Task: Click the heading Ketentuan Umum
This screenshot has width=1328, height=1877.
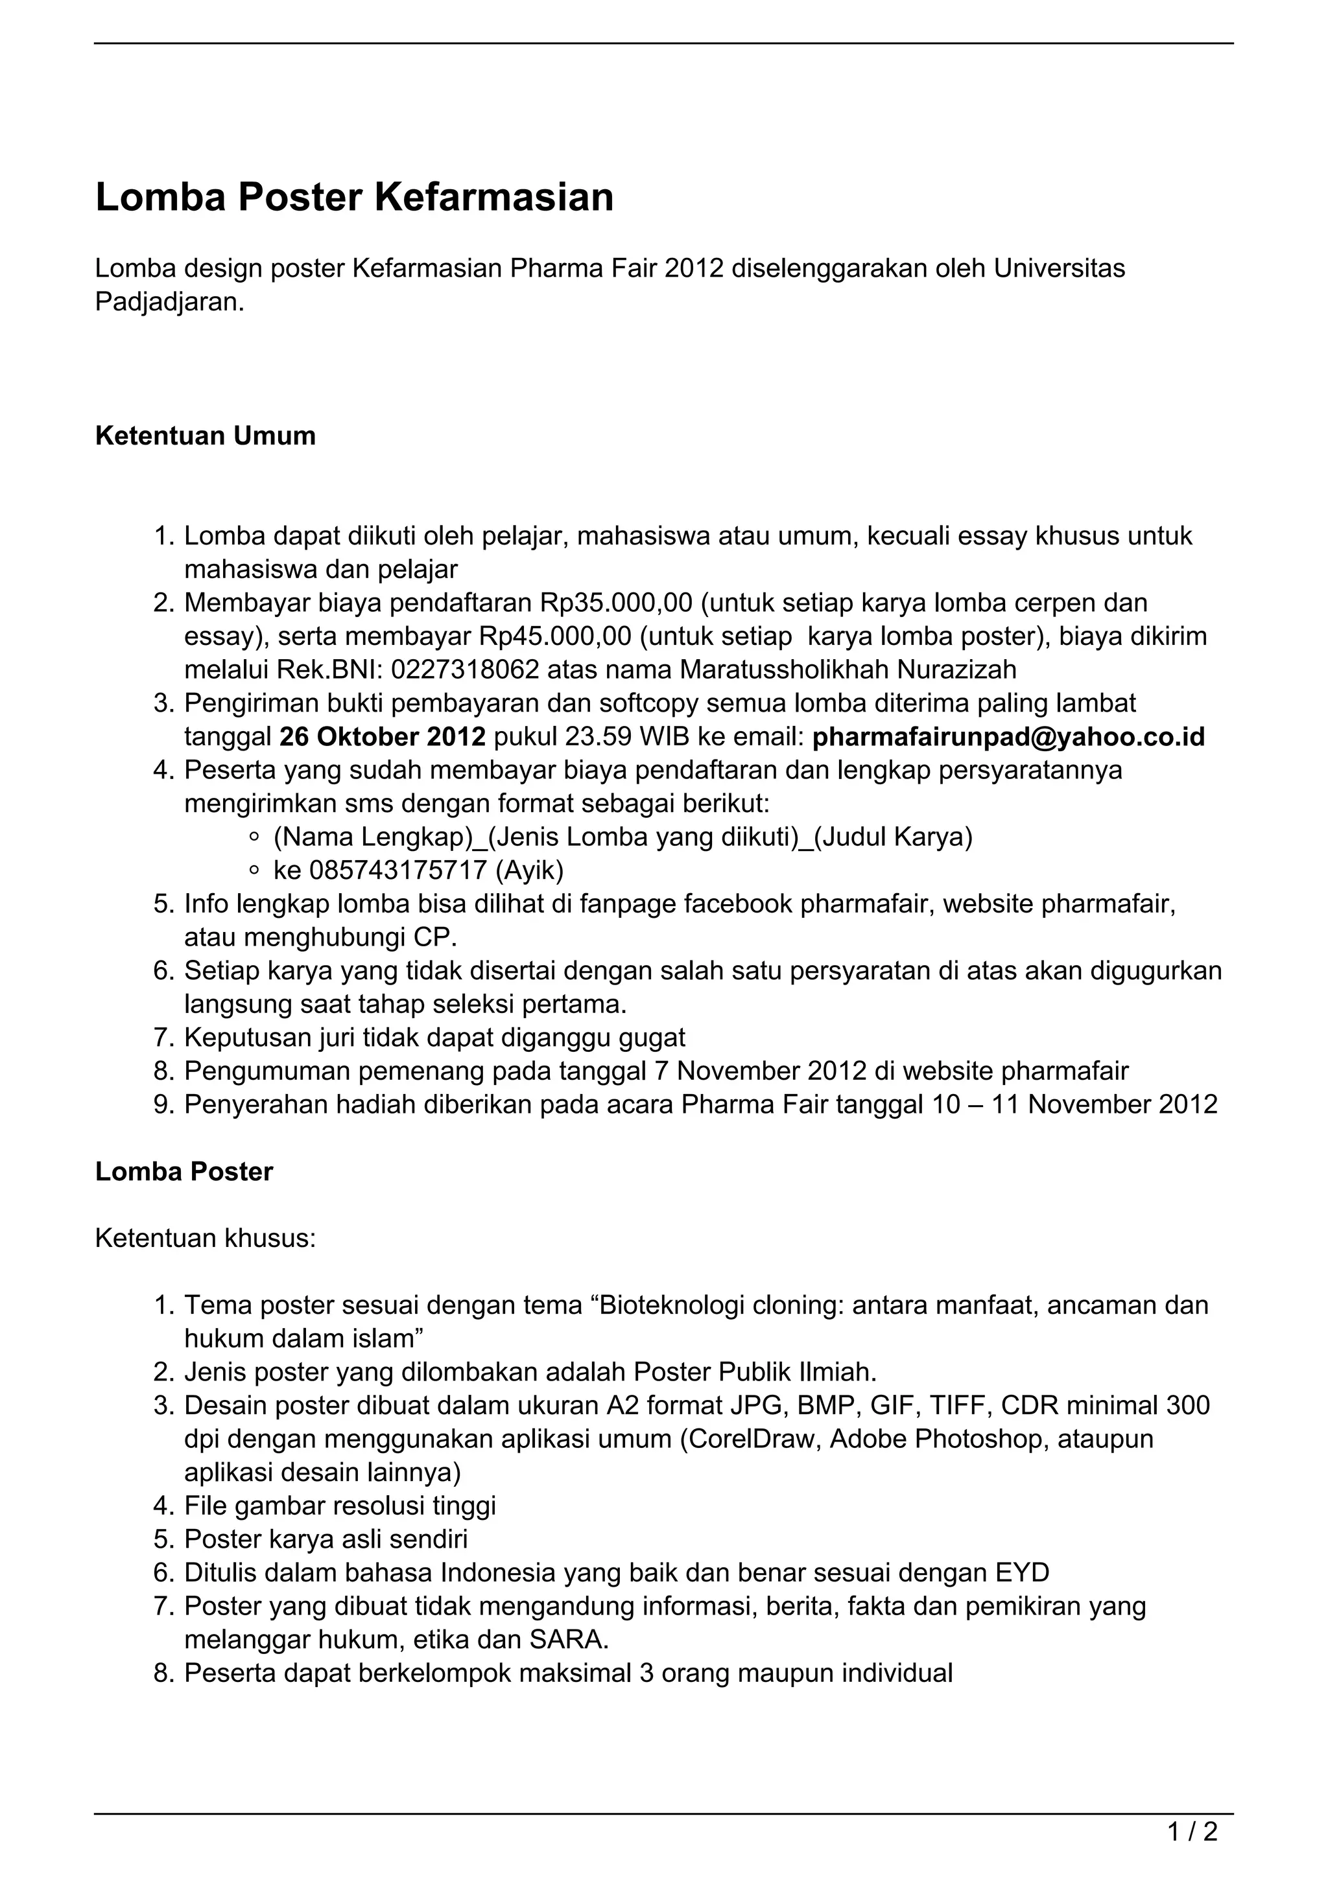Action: click(206, 436)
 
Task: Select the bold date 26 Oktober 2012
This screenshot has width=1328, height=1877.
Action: click(383, 736)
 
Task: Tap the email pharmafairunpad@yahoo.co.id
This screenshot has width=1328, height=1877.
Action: click(1008, 736)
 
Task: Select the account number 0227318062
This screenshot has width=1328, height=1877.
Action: click(464, 670)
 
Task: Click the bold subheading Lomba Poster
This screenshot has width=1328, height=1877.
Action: click(184, 1171)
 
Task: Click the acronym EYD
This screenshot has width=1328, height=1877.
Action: click(1022, 1573)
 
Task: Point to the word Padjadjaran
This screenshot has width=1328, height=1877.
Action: click(169, 301)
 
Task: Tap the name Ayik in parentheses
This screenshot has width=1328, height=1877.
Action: click(530, 870)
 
